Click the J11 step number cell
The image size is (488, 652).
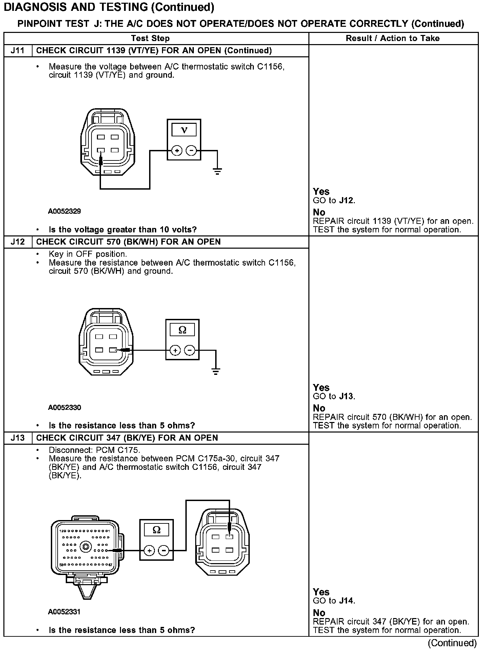(18, 51)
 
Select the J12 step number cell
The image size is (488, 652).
(18, 242)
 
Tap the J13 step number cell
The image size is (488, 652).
(18, 438)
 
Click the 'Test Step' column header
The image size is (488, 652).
(150, 38)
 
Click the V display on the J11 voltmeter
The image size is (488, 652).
(184, 130)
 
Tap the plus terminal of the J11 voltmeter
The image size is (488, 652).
(177, 150)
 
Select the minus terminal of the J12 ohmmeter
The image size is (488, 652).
(190, 350)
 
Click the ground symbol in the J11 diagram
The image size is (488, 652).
(217, 171)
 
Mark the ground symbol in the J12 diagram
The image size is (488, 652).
(216, 371)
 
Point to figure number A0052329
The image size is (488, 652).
(64, 211)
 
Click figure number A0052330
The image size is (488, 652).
(64, 407)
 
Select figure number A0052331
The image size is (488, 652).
(64, 612)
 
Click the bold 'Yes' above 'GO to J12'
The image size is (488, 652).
(321, 192)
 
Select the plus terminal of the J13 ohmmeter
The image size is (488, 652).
(149, 550)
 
